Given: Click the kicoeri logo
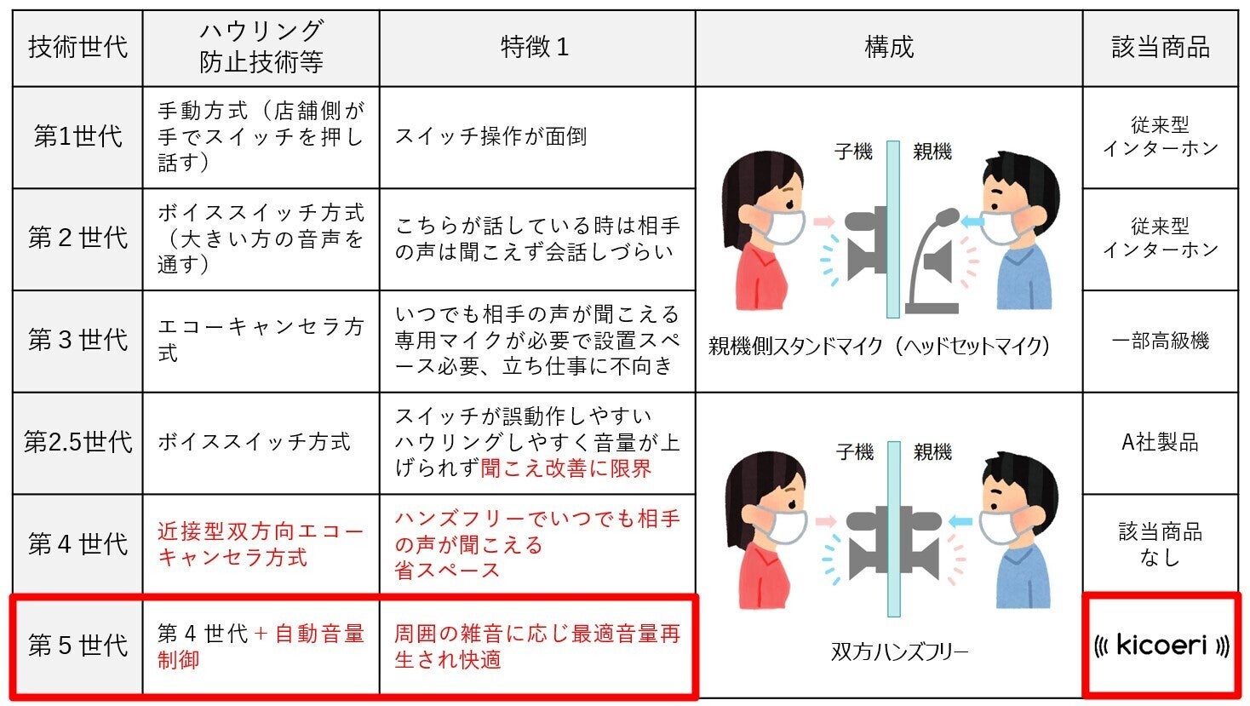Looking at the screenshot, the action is (x=1161, y=646).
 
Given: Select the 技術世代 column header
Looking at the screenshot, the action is (x=77, y=47).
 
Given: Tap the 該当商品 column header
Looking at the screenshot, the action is (x=1161, y=47).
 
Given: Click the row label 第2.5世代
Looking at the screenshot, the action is (x=77, y=443).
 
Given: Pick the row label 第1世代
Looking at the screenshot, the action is (x=77, y=136).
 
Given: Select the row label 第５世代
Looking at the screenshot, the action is (x=77, y=646).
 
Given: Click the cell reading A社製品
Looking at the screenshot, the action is (x=1160, y=443).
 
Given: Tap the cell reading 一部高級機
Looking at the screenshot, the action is (x=1160, y=341).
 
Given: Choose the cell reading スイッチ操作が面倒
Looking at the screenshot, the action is (x=491, y=136).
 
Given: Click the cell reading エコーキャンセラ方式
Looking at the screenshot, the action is (x=261, y=340).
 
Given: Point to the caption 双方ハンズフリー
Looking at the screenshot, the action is (x=899, y=651).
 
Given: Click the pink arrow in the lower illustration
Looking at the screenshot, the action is (x=825, y=522).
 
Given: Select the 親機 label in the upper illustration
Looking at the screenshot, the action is (x=932, y=152).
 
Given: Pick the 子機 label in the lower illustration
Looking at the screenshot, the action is (x=855, y=451).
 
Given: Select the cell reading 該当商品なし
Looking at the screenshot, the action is (x=1160, y=544).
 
